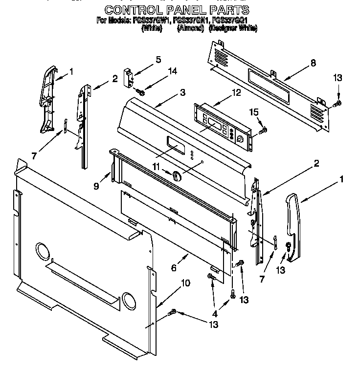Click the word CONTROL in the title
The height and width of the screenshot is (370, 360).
(135, 10)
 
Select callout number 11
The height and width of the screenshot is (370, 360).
(156, 167)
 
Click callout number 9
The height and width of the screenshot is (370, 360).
(96, 186)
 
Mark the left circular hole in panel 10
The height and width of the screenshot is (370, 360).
(43, 253)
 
